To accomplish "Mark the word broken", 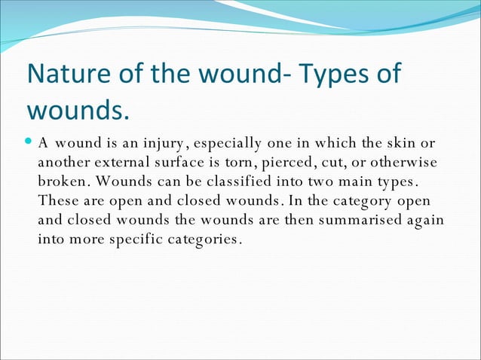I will click(62, 182).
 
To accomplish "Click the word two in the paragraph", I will click(308, 182).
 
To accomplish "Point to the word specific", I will click(145, 240).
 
